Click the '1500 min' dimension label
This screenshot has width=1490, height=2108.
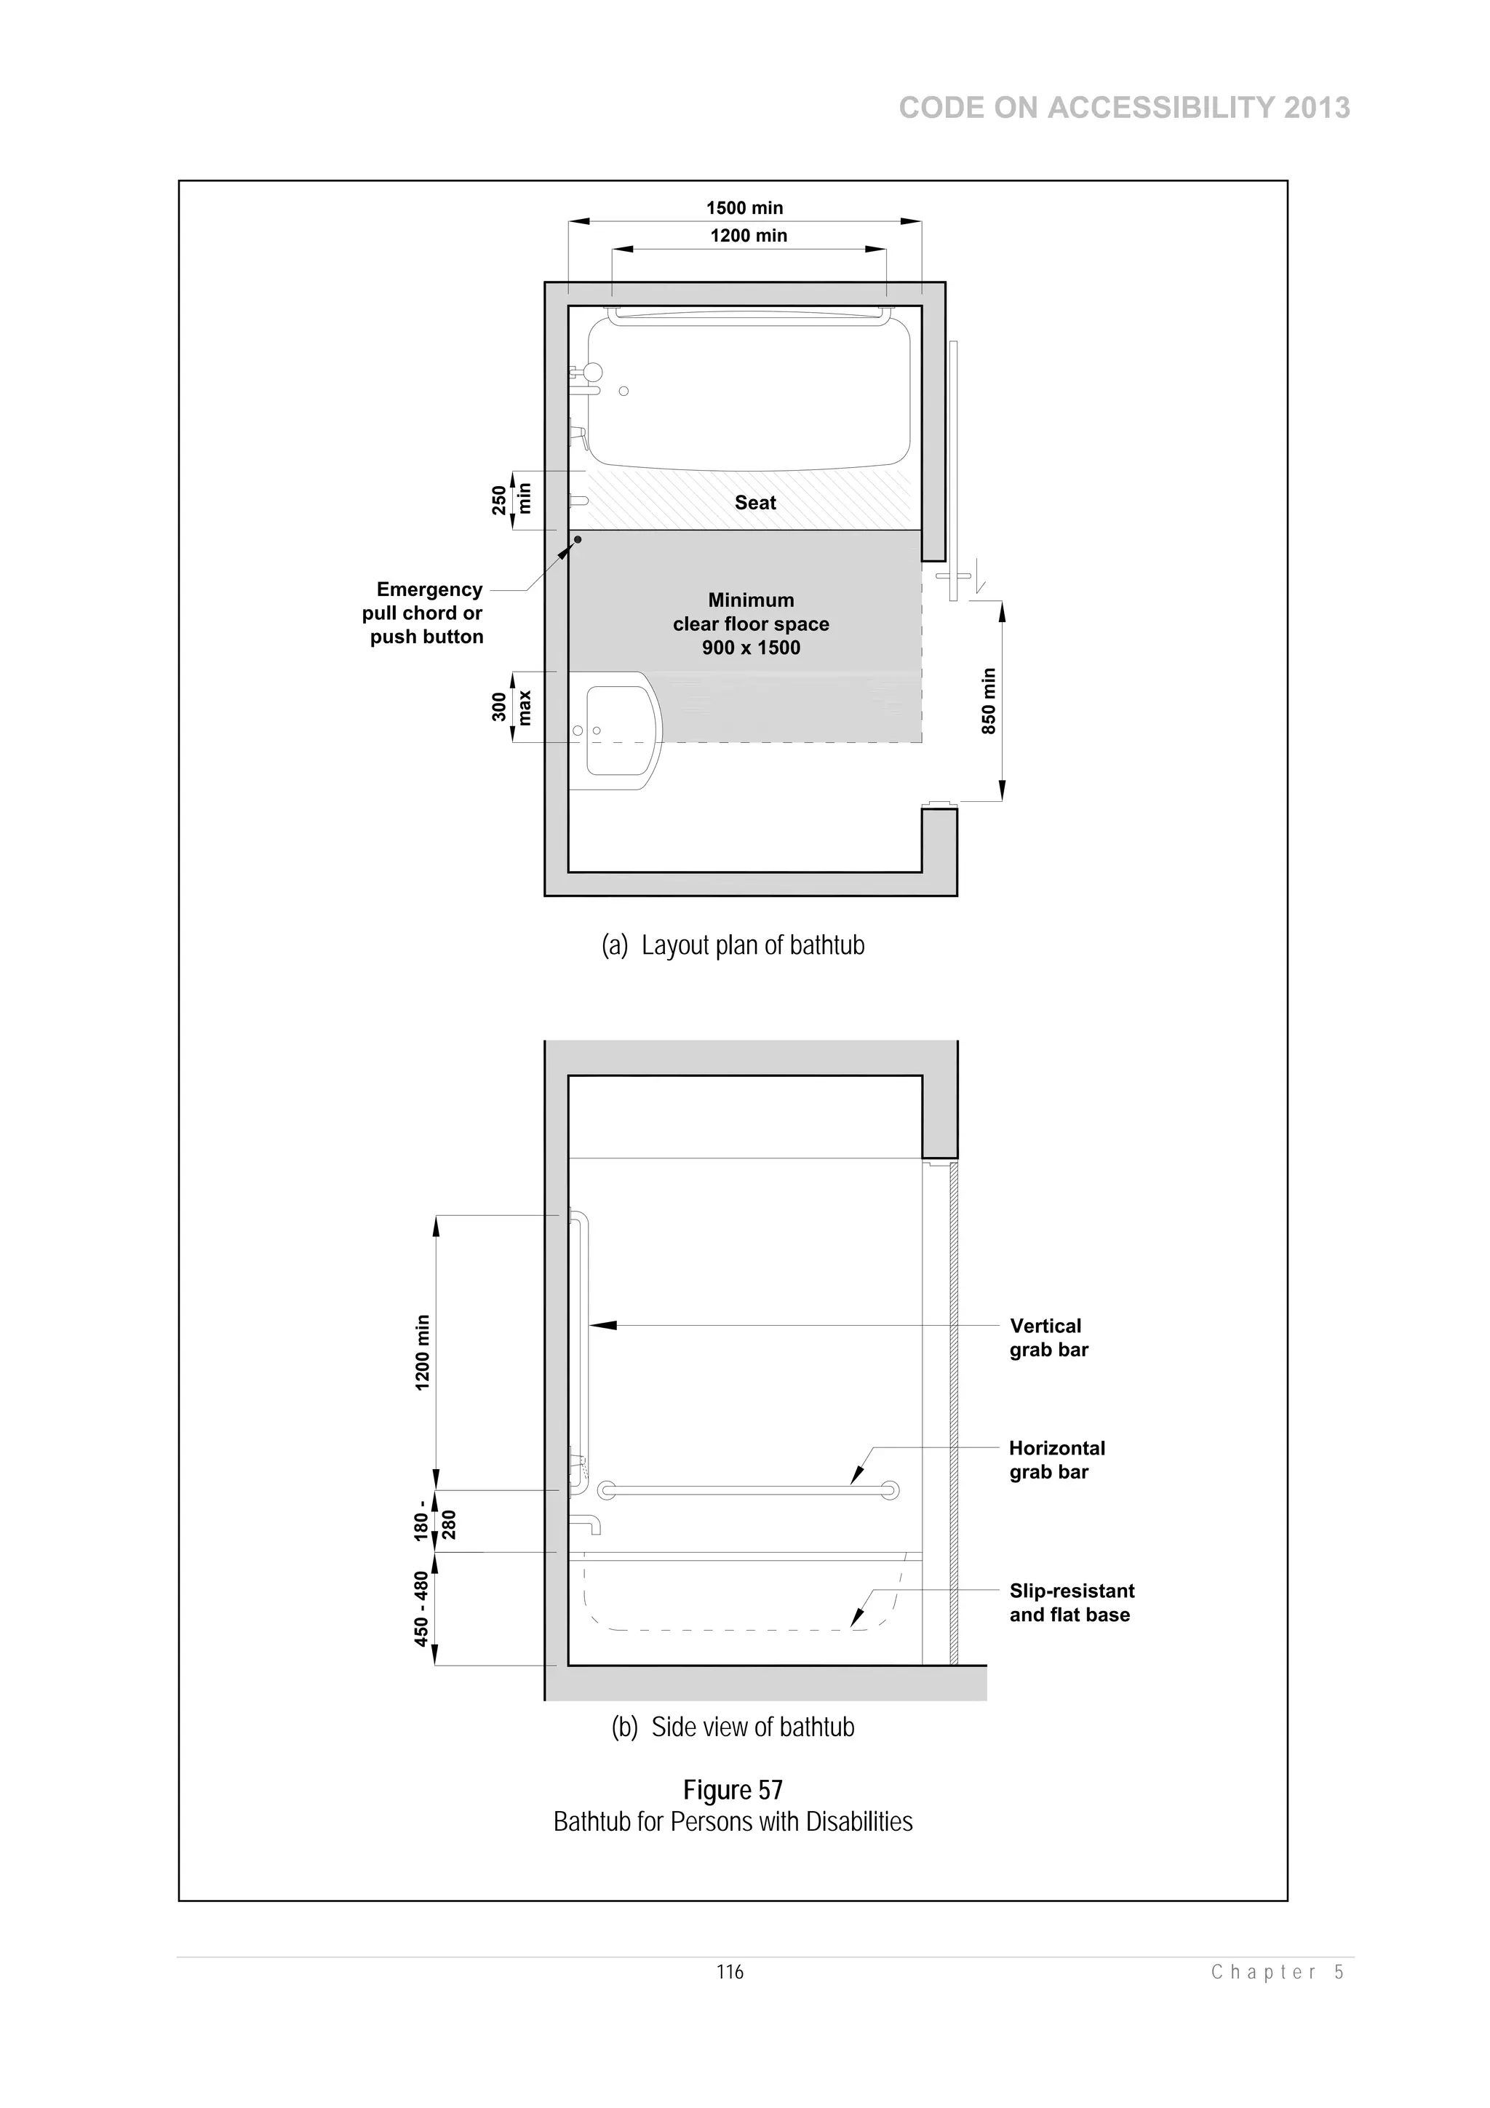click(744, 207)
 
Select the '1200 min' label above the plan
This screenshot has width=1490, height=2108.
click(748, 235)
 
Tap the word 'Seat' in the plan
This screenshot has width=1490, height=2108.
click(754, 502)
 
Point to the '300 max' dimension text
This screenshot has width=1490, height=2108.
click(511, 707)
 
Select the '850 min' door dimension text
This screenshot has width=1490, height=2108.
click(988, 701)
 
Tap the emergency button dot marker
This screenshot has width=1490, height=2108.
click(578, 540)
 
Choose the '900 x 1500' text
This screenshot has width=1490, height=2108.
click(751, 648)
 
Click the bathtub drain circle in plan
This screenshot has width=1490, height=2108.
click(624, 391)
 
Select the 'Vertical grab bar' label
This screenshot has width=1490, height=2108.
click(1048, 1337)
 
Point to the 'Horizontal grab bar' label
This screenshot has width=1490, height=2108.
click(1056, 1460)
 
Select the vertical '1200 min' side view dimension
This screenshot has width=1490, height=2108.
click(422, 1353)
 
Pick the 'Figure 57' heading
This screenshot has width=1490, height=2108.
click(733, 1790)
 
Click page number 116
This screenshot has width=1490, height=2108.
click(730, 1971)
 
